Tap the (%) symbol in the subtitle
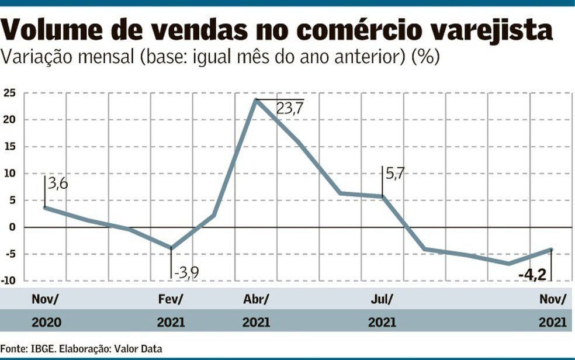[426, 57]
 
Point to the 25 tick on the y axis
[10, 93]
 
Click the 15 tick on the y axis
[10, 147]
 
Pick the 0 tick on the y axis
[13, 227]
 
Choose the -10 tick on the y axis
[8, 281]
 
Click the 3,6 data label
[58, 184]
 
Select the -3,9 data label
[186, 272]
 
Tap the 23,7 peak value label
[290, 109]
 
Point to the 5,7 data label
[395, 174]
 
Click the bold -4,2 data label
[532, 274]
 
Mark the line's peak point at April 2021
[257, 100]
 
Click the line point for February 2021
[171, 248]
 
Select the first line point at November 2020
[45, 207]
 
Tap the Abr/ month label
[256, 299]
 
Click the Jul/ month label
[382, 299]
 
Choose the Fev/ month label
[171, 299]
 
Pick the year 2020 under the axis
[47, 322]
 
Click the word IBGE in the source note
[44, 348]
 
